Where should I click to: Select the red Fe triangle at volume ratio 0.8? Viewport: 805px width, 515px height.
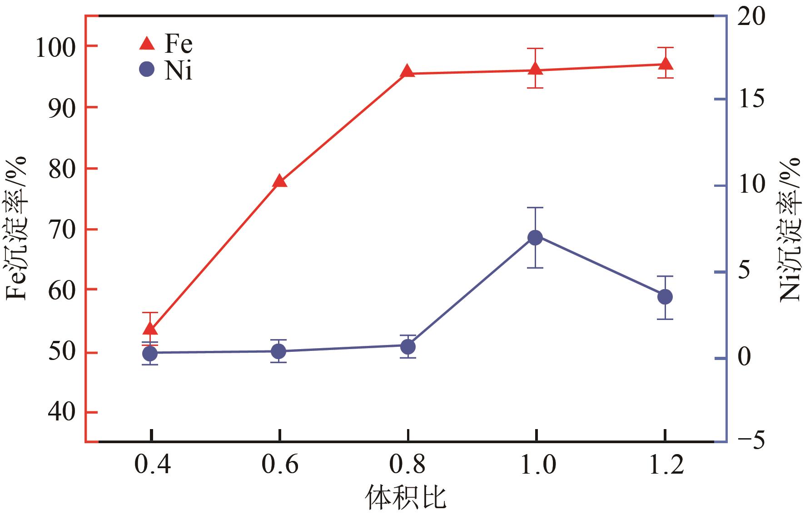[x=407, y=71]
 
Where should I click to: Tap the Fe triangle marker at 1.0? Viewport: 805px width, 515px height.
[x=536, y=69]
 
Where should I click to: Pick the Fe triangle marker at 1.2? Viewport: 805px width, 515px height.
[x=666, y=63]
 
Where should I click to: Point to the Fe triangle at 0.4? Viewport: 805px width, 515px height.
[x=150, y=329]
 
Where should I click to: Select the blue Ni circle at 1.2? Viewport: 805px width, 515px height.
[x=665, y=297]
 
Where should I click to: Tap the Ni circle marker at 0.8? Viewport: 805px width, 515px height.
[x=408, y=346]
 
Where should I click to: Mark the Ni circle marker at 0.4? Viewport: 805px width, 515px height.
[x=150, y=353]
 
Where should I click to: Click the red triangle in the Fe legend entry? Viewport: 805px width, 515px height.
[x=147, y=44]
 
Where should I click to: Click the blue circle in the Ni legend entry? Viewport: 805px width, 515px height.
[x=147, y=70]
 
